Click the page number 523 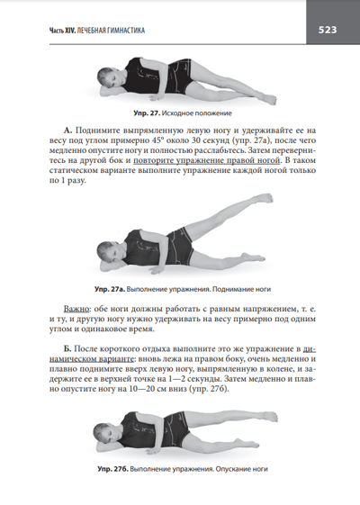pyautogui.click(x=328, y=30)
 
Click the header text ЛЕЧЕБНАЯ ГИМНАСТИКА pyautogui.click(x=111, y=31)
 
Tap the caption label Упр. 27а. pyautogui.click(x=110, y=289)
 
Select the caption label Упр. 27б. pyautogui.click(x=112, y=469)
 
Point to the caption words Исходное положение pyautogui.click(x=197, y=113)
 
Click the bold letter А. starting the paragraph pyautogui.click(x=68, y=131)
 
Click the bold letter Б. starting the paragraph pyautogui.click(x=67, y=349)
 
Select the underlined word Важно pyautogui.click(x=76, y=309)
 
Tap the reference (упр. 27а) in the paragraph pyautogui.click(x=247, y=140)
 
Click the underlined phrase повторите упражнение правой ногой pyautogui.click(x=206, y=160)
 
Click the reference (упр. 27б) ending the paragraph pyautogui.click(x=208, y=389)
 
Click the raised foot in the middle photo pyautogui.click(x=265, y=198)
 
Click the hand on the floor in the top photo pyautogui.click(x=156, y=96)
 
